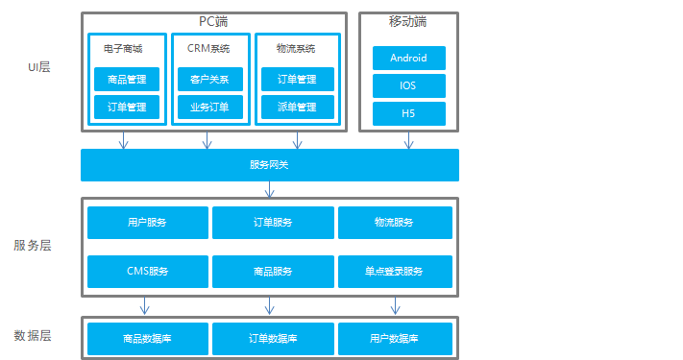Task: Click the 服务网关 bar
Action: tap(269, 165)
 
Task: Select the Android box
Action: tap(408, 58)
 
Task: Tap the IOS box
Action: tap(408, 85)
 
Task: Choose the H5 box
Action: tap(408, 113)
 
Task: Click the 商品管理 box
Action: tap(127, 80)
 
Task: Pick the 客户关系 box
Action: tap(209, 80)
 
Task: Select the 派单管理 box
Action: tap(296, 107)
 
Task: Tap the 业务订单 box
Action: tap(209, 107)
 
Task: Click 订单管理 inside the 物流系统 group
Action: tap(296, 80)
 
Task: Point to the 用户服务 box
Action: tap(147, 223)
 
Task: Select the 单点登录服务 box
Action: tap(394, 272)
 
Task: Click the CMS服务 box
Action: tap(147, 272)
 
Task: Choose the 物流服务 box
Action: tap(394, 223)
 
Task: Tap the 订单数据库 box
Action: tap(273, 339)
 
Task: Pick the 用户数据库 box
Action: tap(394, 339)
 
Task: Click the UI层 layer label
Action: tap(38, 66)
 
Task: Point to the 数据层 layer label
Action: tap(33, 336)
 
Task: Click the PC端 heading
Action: tap(213, 21)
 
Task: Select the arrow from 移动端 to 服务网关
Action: tap(408, 140)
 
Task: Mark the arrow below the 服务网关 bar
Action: tap(270, 189)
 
